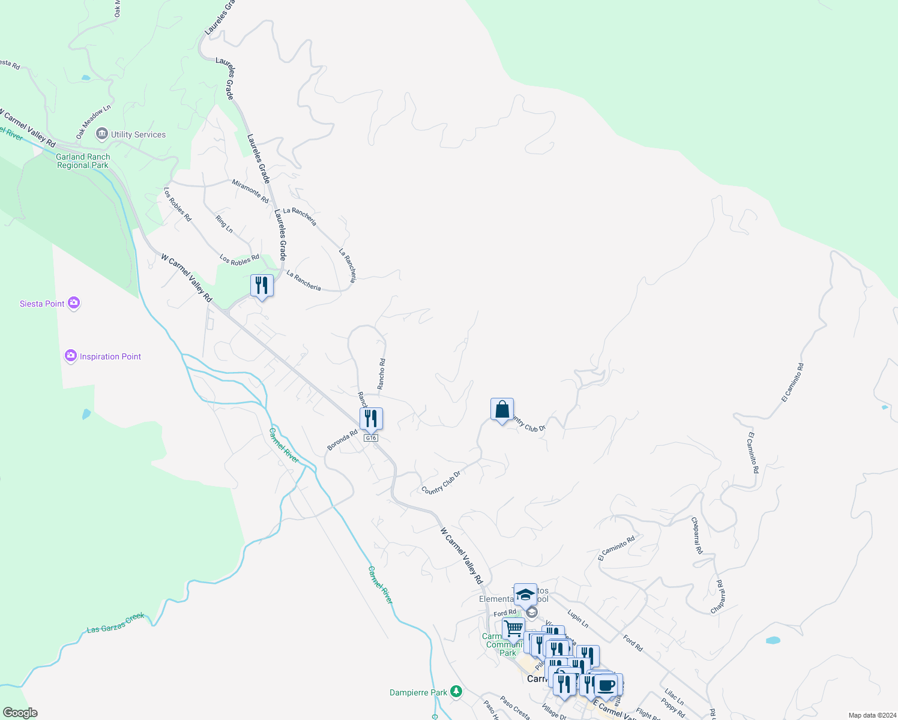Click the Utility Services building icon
[x=102, y=134]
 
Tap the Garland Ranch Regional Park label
[x=83, y=161]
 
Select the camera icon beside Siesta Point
[x=74, y=303]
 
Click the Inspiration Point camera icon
[x=71, y=356]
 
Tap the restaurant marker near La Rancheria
[x=262, y=286]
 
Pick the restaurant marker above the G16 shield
[x=371, y=418]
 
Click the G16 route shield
[x=371, y=438]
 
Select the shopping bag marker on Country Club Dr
[x=502, y=410]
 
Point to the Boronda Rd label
[x=342, y=440]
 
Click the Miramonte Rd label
[x=250, y=191]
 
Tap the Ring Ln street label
[x=224, y=224]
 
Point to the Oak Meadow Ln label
[x=93, y=122]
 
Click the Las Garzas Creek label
[x=116, y=623]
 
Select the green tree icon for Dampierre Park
[x=456, y=692]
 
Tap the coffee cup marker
[x=606, y=684]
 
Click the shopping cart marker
[x=513, y=629]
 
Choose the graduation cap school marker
[x=525, y=594]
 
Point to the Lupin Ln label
[x=577, y=619]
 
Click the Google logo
[x=20, y=713]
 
